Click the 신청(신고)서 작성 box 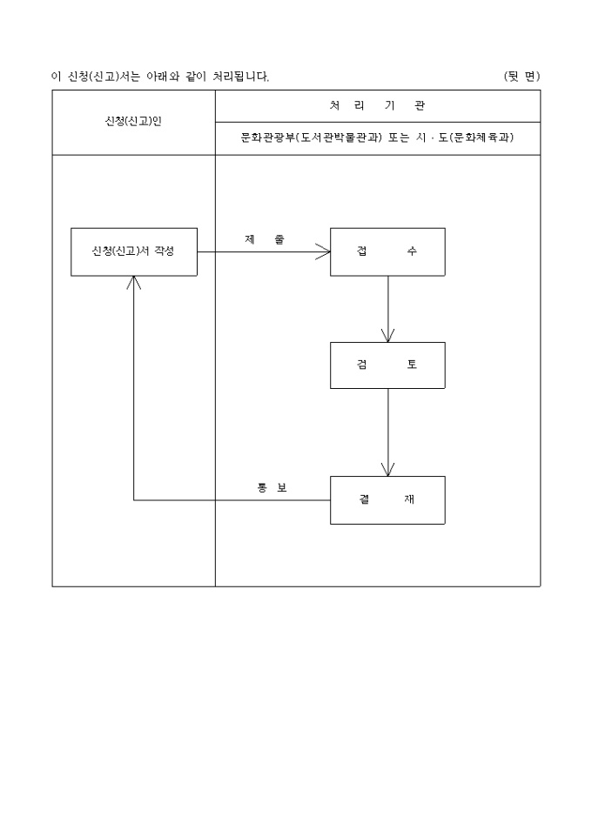(x=133, y=251)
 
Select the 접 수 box (x=387, y=251)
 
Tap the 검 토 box (x=387, y=365)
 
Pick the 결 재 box (x=387, y=499)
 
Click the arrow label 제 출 (x=264, y=239)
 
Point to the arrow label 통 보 (x=272, y=487)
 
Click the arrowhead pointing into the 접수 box (x=324, y=252)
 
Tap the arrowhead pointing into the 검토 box (x=388, y=335)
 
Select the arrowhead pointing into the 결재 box (x=388, y=469)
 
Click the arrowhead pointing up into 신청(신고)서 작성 (x=133, y=283)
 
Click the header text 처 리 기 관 (x=377, y=105)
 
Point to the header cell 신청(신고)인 (x=133, y=122)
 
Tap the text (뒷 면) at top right (x=521, y=77)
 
